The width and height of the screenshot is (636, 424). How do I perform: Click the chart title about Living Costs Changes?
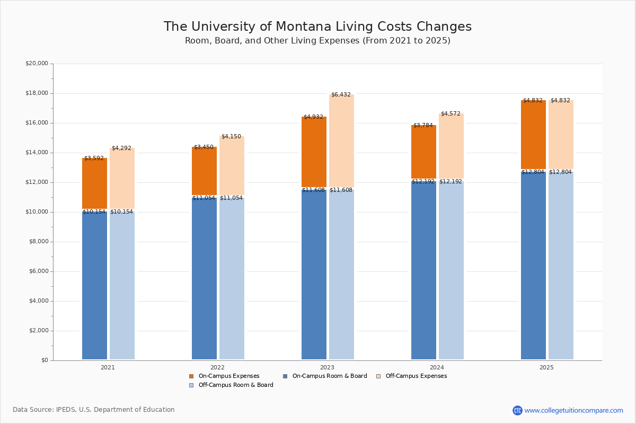pos(317,27)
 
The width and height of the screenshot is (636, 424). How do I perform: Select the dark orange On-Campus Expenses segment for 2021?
pos(94,183)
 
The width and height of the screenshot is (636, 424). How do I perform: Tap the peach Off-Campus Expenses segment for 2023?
pos(341,140)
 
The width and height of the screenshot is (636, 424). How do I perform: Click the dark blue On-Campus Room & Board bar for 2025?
pos(533,265)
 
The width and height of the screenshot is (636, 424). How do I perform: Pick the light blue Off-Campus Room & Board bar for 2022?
pos(232,278)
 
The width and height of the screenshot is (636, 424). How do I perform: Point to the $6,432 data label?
pos(341,95)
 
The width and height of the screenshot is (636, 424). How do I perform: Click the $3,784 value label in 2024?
pos(423,126)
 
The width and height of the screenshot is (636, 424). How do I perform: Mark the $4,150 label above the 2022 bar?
pos(231,137)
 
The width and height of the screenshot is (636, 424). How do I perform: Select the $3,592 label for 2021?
pos(94,158)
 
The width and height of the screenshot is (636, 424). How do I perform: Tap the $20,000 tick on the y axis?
pos(37,64)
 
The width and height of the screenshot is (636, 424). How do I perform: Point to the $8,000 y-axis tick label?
pos(38,242)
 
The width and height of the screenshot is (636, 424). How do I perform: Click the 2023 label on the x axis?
pos(327,367)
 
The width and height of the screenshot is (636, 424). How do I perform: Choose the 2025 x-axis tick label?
pos(546,367)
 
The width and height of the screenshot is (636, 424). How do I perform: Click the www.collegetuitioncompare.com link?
pos(573,410)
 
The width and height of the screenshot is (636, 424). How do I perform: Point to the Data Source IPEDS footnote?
pos(94,410)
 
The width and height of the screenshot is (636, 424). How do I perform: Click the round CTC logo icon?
pos(517,410)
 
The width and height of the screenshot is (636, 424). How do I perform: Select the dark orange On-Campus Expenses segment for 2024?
pos(423,152)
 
